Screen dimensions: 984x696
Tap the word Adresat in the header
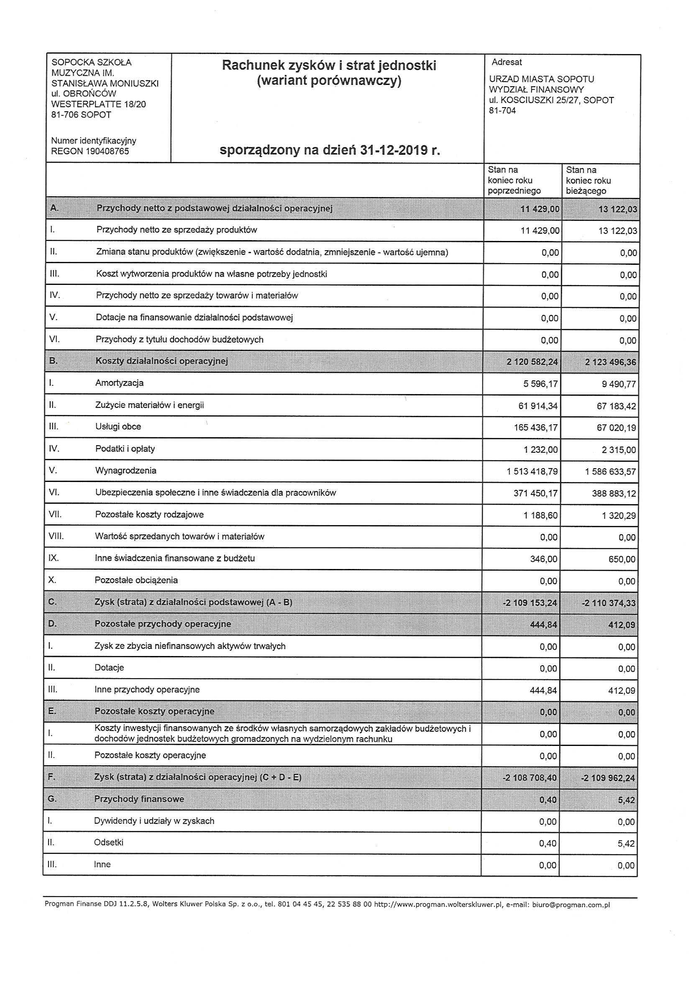click(x=507, y=62)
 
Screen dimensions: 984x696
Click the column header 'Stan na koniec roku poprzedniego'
click(x=514, y=180)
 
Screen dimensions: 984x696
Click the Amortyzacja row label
click(x=119, y=383)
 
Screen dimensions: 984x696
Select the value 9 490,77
click(x=619, y=384)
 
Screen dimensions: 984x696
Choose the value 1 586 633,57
click(x=610, y=472)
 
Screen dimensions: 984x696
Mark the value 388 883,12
click(x=614, y=494)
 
